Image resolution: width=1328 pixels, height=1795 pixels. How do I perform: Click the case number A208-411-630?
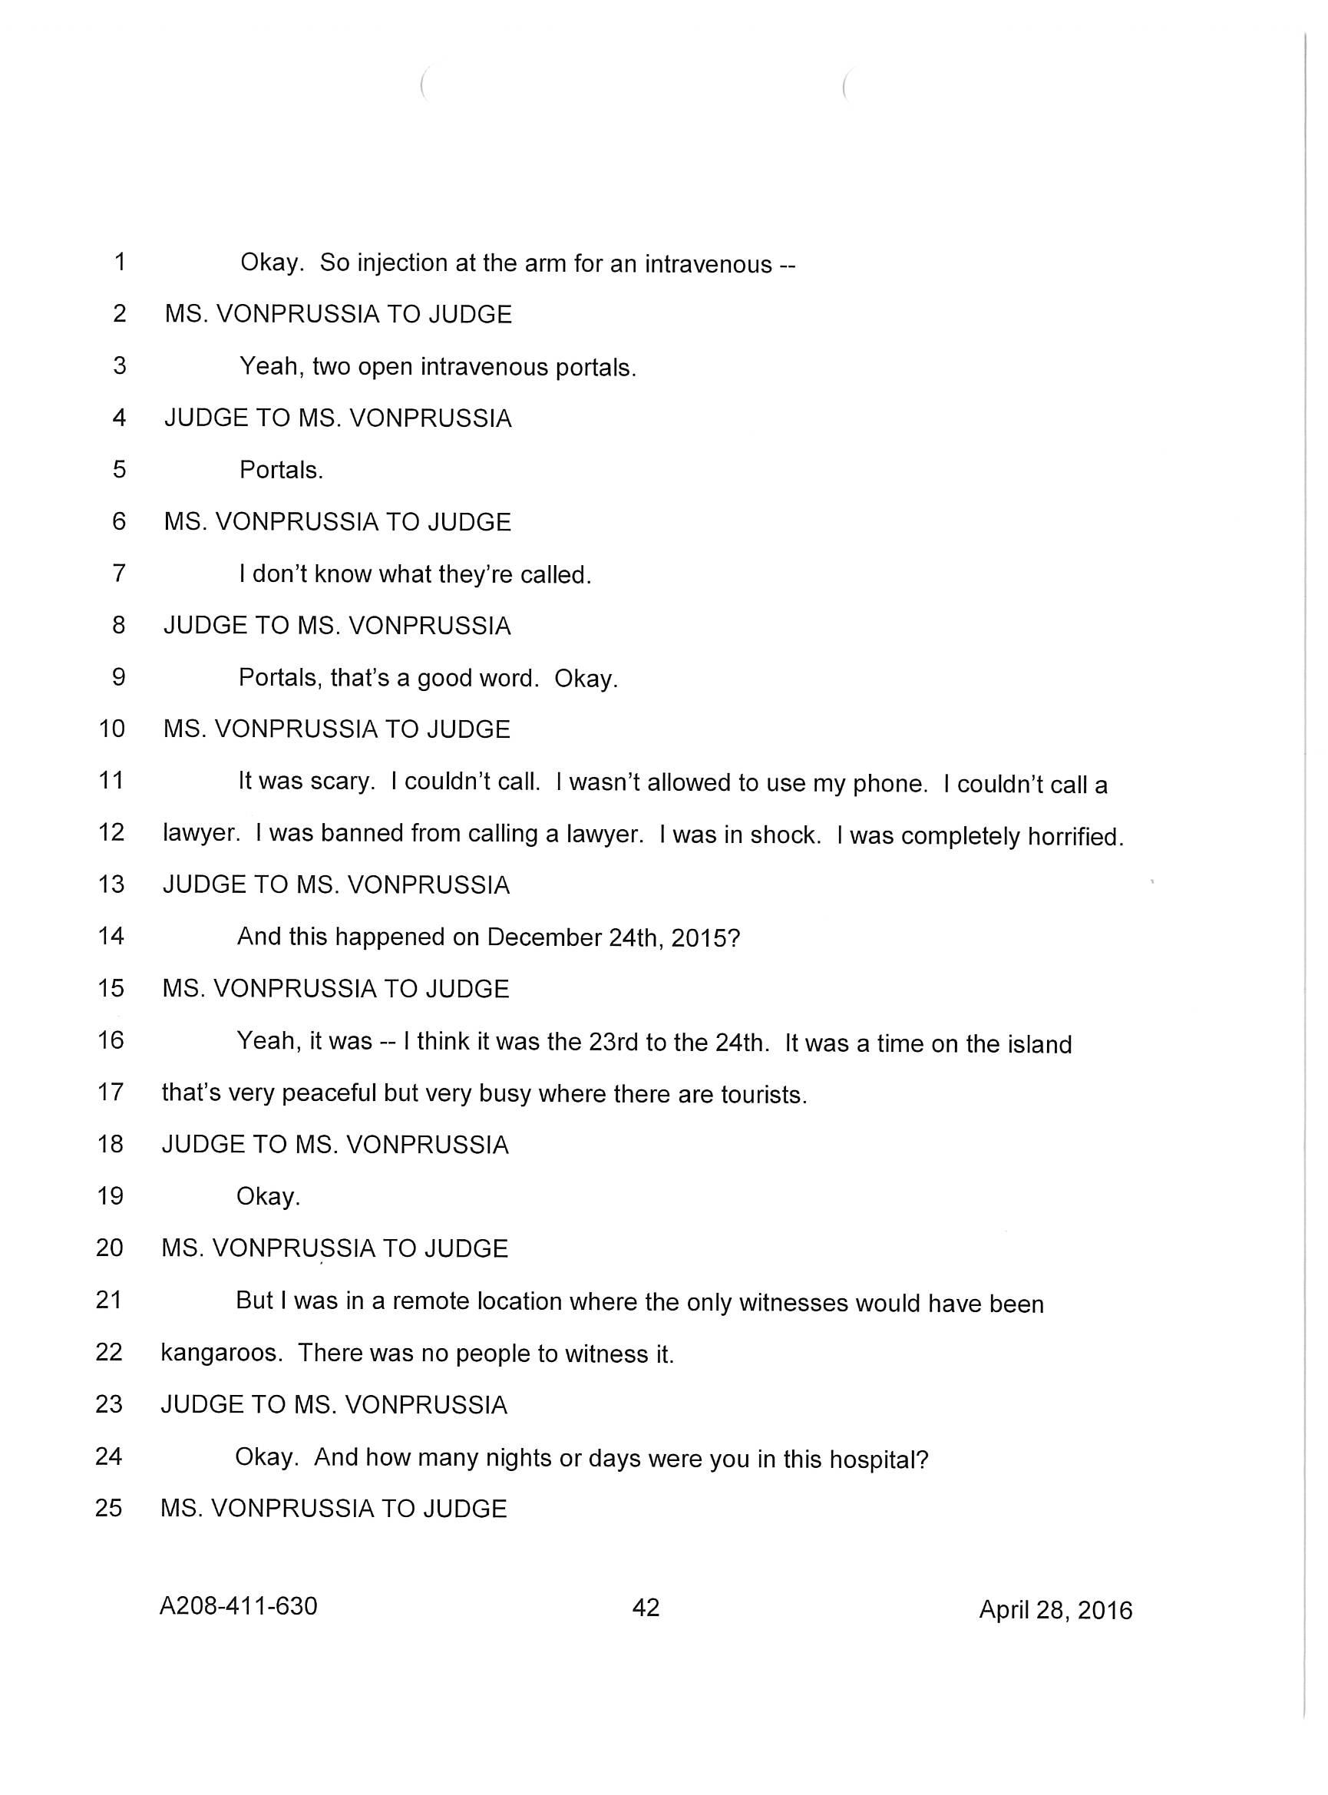238,1605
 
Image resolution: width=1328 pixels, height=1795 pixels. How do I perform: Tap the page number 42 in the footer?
646,1607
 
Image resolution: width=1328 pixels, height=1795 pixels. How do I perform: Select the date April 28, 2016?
1055,1609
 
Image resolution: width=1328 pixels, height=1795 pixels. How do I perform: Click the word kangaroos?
220,1352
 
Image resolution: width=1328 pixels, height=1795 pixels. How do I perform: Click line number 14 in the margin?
111,936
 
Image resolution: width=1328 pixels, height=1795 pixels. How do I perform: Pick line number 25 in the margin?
108,1507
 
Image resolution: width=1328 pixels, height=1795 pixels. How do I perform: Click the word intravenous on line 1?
708,263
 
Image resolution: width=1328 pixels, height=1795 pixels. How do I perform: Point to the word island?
1039,1043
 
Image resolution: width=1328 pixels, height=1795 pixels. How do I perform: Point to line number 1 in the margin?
119,262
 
